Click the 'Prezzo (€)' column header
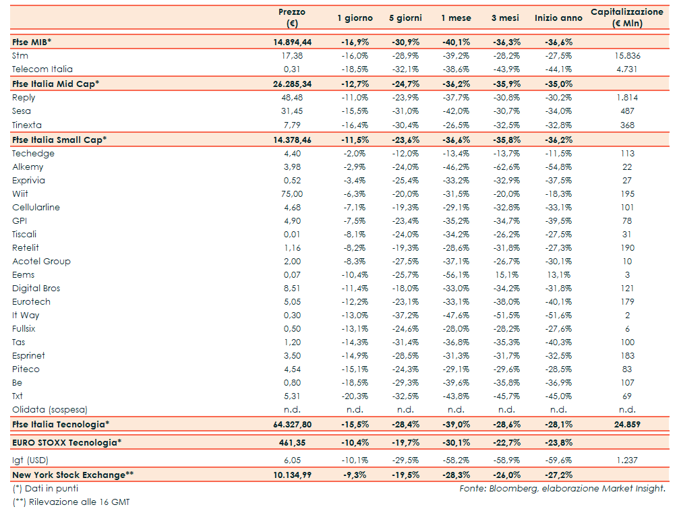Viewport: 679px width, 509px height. pyautogui.click(x=292, y=18)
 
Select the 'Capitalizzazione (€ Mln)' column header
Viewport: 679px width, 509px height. pyautogui.click(x=626, y=18)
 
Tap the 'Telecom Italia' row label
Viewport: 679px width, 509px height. pyautogui.click(x=42, y=69)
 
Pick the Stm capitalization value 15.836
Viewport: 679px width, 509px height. pyautogui.click(x=627, y=56)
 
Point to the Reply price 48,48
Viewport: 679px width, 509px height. pyautogui.click(x=292, y=98)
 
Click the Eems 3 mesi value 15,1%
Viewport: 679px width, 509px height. pyautogui.click(x=507, y=275)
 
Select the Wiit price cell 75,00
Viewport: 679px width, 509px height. pyautogui.click(x=292, y=194)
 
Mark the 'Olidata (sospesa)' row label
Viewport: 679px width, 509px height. pyautogui.click(x=50, y=410)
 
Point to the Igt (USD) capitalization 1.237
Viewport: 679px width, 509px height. pyautogui.click(x=627, y=459)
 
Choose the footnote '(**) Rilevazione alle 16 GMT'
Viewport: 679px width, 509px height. pyautogui.click(x=71, y=502)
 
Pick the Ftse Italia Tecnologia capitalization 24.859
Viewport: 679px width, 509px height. pyautogui.click(x=627, y=425)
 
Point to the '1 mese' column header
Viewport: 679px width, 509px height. pyautogui.click(x=456, y=18)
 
